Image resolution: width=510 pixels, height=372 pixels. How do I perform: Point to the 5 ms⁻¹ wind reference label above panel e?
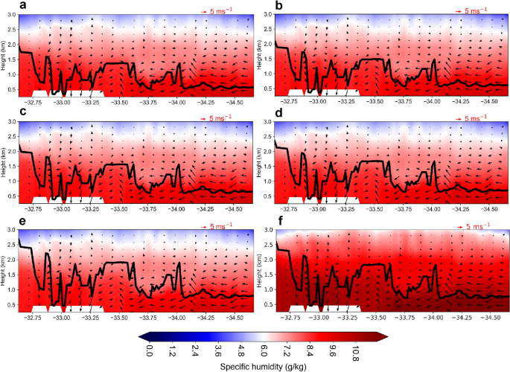click(215, 225)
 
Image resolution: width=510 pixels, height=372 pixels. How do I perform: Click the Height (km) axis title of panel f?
click(258, 266)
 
